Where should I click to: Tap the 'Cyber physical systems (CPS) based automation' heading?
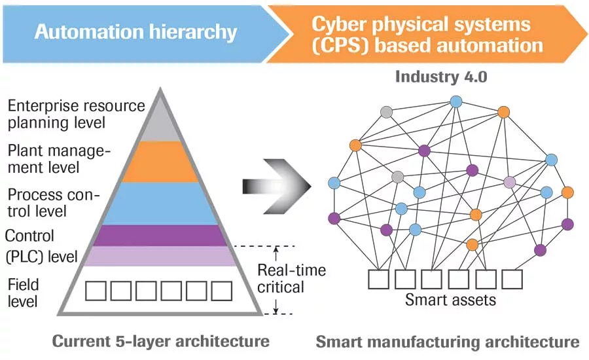(427, 35)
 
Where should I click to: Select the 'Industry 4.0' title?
(440, 77)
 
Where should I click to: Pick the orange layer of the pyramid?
(160, 162)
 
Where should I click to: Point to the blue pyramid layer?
(160, 203)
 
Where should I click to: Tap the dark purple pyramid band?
(160, 236)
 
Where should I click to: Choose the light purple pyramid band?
(160, 256)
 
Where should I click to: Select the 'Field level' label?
(24, 293)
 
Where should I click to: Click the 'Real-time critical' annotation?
(290, 278)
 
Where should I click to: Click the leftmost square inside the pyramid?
(97, 291)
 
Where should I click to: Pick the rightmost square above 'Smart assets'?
(512, 278)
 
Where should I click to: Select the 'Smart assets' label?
(450, 300)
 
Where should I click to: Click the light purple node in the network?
(509, 181)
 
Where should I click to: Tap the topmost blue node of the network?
(456, 101)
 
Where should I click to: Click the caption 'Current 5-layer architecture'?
(160, 341)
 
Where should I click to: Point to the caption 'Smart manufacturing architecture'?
(447, 342)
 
